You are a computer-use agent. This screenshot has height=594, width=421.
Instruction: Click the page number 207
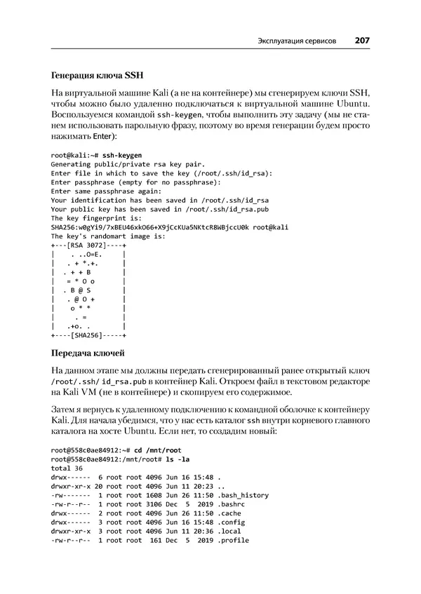click(x=362, y=41)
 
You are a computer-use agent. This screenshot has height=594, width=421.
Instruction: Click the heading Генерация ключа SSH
click(x=98, y=75)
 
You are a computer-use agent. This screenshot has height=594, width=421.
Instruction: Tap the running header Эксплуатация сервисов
click(x=297, y=41)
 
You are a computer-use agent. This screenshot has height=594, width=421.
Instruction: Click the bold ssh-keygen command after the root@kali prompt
click(x=122, y=154)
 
